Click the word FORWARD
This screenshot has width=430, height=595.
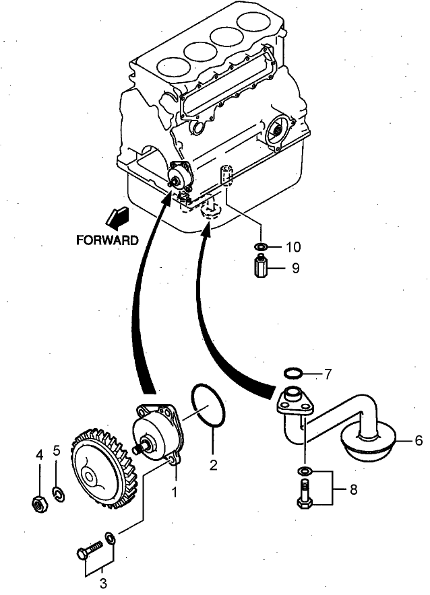108,239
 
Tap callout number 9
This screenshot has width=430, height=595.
295,268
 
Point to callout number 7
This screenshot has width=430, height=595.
328,373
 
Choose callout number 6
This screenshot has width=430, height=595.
418,441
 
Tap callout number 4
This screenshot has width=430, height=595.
39,456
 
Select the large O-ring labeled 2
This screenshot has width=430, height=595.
208,406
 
